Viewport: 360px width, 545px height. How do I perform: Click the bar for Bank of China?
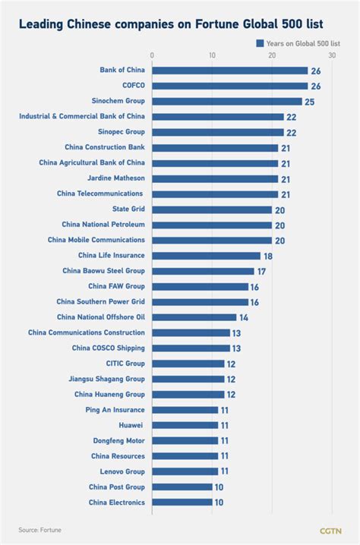pos(230,71)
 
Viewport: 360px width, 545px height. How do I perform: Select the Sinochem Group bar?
pos(227,101)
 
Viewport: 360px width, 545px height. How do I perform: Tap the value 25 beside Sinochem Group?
pos(309,101)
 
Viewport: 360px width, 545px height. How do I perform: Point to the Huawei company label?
pos(131,425)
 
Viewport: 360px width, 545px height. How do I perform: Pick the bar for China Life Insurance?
pos(206,256)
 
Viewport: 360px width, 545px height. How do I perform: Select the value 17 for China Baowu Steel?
pos(261,271)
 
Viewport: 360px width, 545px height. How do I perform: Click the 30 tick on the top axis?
pos(332,55)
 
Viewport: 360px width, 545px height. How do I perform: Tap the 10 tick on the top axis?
pos(212,55)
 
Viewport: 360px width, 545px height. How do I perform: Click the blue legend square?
pos(260,43)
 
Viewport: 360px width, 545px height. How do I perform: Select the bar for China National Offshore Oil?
pos(194,317)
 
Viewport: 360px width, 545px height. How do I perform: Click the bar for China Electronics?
pos(182,502)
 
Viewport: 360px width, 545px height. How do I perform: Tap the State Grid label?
pos(128,209)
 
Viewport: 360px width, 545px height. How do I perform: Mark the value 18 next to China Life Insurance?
pos(267,256)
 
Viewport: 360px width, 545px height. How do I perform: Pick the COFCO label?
pos(134,86)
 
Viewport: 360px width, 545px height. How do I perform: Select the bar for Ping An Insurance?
pos(185,410)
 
